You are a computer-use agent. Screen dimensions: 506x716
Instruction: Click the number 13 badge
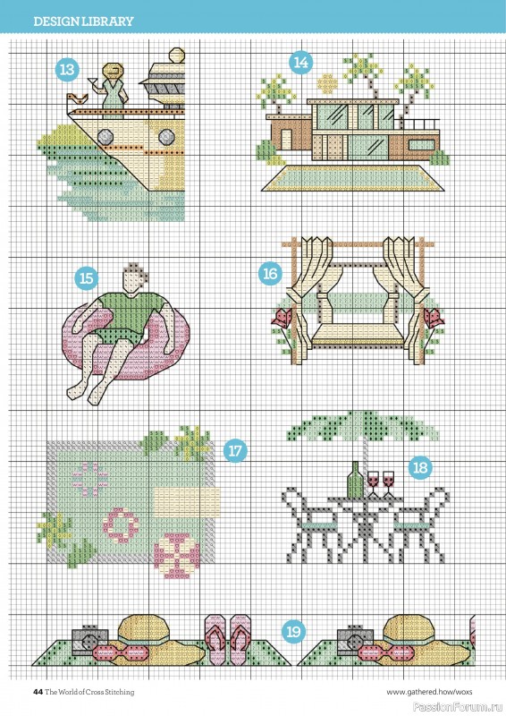coord(67,70)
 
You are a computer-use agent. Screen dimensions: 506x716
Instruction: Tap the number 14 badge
coord(300,62)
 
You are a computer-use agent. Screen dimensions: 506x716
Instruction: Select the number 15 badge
coord(86,278)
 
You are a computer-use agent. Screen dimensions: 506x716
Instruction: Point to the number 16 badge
coord(270,274)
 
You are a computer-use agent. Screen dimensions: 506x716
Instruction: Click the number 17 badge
coord(235,451)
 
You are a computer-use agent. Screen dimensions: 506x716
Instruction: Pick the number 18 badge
coord(420,467)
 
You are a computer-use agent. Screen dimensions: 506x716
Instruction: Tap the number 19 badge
coord(293,632)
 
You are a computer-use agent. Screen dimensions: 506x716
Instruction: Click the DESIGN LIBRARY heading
coord(83,21)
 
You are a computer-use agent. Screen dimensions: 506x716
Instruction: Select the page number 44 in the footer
coord(38,692)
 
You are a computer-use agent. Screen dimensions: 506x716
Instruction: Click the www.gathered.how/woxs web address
coord(429,692)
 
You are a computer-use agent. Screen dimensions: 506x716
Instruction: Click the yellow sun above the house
coord(327,83)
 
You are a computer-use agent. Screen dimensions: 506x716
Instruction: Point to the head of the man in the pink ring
coord(134,278)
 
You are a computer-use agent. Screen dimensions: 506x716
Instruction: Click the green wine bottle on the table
coord(356,480)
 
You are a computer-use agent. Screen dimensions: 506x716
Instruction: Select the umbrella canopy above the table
coord(363,427)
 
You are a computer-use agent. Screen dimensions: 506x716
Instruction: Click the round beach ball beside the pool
coord(177,555)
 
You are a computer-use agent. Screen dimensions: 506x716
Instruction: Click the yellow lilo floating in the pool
coord(187,502)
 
